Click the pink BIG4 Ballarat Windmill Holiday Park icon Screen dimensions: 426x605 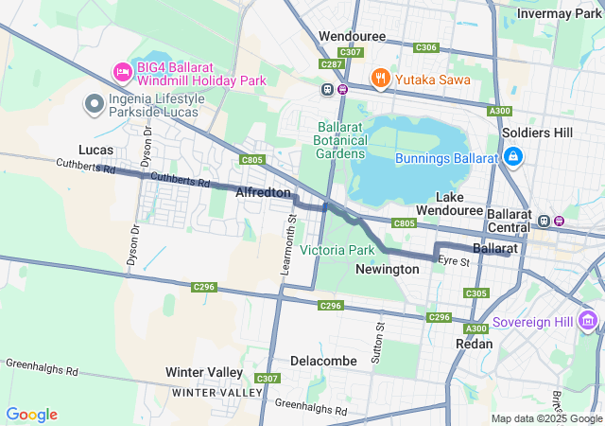(122, 72)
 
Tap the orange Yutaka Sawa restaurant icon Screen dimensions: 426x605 (380, 80)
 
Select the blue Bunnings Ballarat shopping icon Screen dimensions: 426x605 (512, 156)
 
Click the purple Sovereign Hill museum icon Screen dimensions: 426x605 (589, 322)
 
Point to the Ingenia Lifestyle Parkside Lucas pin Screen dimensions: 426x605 (95, 104)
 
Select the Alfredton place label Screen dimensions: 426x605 (263, 192)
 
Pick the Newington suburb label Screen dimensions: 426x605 (387, 269)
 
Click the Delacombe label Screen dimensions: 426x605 (323, 361)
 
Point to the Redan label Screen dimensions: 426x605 (475, 344)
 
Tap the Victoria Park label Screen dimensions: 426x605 (337, 250)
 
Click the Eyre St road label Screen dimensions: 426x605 (454, 260)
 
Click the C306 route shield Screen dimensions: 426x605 (426, 47)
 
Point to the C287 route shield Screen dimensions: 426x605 (331, 64)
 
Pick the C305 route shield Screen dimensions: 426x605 (477, 293)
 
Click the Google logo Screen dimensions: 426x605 (32, 415)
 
